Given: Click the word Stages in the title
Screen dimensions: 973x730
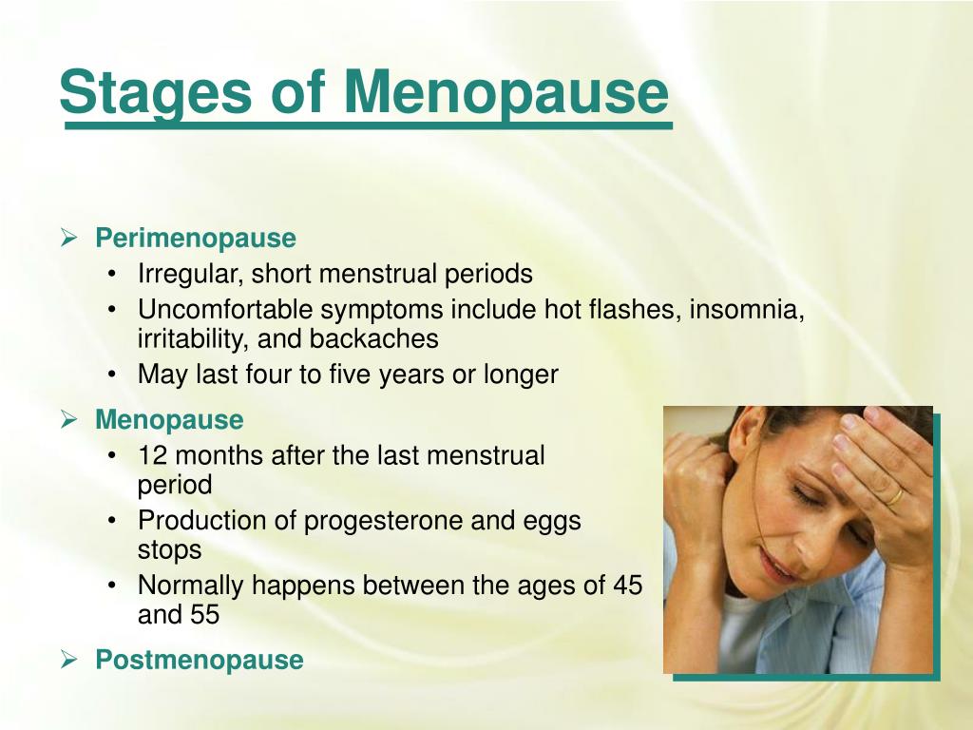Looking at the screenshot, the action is pyautogui.click(x=156, y=93).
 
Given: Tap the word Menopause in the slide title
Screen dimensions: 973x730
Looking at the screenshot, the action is pyautogui.click(x=506, y=93).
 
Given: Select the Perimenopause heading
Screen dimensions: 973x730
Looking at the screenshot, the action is pyautogui.click(x=196, y=239).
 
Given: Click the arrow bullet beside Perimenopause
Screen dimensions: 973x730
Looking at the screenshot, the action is pyautogui.click(x=68, y=238).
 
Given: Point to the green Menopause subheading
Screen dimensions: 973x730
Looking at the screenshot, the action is pyautogui.click(x=169, y=419).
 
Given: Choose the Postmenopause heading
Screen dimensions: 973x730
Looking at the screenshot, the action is pyautogui.click(x=200, y=660).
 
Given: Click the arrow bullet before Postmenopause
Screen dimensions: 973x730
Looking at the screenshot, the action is pyautogui.click(x=68, y=660).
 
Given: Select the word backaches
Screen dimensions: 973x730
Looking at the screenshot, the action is pyautogui.click(x=374, y=339).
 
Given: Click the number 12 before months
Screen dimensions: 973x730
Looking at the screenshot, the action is pyautogui.click(x=153, y=455).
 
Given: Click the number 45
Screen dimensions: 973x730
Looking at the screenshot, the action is pyautogui.click(x=627, y=586).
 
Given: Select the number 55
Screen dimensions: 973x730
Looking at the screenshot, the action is pyautogui.click(x=205, y=615).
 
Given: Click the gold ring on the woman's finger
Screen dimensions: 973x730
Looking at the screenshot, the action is pyautogui.click(x=894, y=496).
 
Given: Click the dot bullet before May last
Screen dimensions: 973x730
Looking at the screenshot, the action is pyautogui.click(x=112, y=375).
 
